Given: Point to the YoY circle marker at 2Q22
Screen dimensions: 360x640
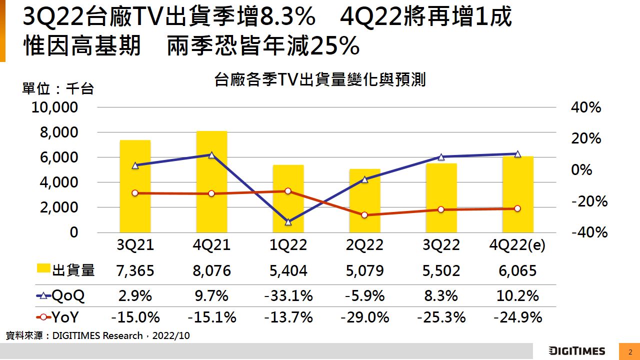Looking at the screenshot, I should [x=364, y=215].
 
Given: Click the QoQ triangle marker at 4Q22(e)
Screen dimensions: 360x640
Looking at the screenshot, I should [x=517, y=154].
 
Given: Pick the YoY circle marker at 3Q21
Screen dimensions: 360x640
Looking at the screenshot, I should [x=135, y=193].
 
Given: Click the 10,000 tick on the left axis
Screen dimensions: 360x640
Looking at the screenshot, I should [x=55, y=107].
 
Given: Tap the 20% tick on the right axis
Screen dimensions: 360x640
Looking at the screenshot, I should [x=586, y=138].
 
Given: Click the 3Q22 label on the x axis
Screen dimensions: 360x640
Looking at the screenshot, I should [x=441, y=245].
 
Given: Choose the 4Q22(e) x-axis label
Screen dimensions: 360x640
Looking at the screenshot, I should [x=517, y=245].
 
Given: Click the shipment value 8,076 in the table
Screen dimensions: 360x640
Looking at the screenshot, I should [x=211, y=271].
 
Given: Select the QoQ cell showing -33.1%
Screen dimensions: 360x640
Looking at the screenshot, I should [x=288, y=296].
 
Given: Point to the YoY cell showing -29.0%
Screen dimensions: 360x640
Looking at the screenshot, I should [x=364, y=317].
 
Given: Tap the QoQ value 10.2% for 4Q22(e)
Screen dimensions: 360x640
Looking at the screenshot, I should [x=517, y=296].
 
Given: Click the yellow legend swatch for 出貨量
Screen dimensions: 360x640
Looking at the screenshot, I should [x=44, y=269].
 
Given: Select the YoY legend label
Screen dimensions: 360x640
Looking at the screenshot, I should [x=65, y=317].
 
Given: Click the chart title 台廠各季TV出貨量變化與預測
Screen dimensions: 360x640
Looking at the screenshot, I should [x=319, y=79].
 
